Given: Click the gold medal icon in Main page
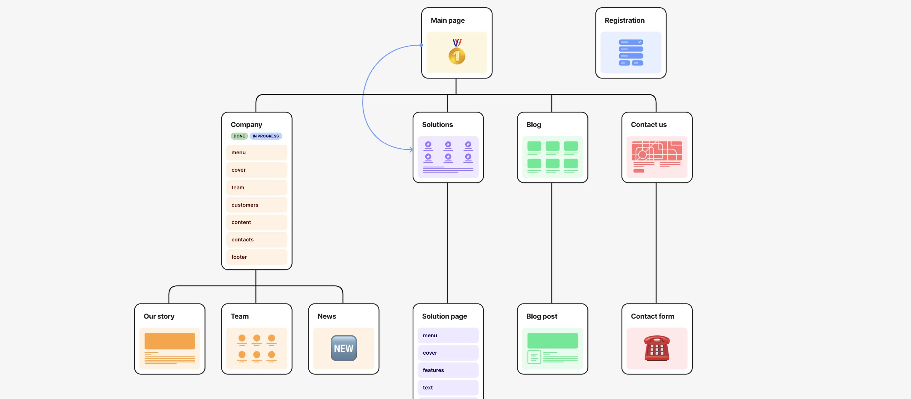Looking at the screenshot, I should tap(456, 52).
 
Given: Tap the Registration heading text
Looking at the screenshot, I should tap(624, 20).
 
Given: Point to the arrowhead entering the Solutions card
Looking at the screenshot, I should tap(411, 150).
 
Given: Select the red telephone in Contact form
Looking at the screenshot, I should tap(656, 348).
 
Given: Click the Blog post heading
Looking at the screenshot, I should tap(541, 316).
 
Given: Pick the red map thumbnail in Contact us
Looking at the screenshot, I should tap(656, 157).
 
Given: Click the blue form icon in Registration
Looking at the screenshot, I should tap(631, 52).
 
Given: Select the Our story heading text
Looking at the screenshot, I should tap(159, 316).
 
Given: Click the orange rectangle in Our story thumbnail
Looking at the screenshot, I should tap(169, 341).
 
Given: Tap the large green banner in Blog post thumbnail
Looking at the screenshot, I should tap(552, 340).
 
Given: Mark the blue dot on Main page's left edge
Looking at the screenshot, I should tap(421, 45).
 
